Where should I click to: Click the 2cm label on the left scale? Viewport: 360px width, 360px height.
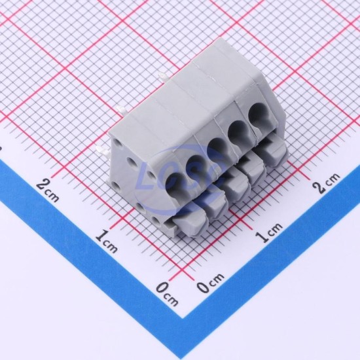47,190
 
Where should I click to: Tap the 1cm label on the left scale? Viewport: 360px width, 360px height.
106,242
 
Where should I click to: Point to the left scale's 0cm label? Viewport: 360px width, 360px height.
167,295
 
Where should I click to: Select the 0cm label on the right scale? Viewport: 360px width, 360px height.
210,283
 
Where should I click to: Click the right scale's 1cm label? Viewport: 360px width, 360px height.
268,233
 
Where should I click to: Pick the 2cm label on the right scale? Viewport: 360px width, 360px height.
326,183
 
